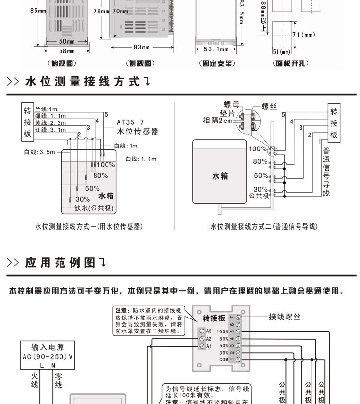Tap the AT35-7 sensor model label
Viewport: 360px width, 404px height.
[x=130, y=122]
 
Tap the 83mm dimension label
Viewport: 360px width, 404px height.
[x=142, y=48]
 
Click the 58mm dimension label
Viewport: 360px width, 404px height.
[x=67, y=51]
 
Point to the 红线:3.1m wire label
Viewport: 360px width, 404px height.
[x=50, y=130]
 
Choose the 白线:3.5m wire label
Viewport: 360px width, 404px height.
[x=40, y=152]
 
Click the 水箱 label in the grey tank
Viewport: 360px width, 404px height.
[x=220, y=176]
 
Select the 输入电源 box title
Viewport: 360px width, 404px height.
[x=47, y=347]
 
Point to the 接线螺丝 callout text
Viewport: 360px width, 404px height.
[x=285, y=317]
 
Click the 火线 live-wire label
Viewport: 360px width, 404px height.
[x=35, y=381]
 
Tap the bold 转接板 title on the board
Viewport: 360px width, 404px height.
[x=214, y=318]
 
